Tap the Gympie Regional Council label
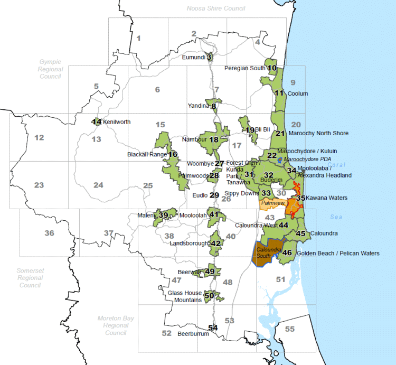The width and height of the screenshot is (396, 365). coord(51,69)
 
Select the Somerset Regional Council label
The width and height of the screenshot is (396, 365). coord(30,278)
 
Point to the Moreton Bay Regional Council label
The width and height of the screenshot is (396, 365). coord(116,325)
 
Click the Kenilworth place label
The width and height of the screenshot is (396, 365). coord(117,122)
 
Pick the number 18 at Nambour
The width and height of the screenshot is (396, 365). coord(214,140)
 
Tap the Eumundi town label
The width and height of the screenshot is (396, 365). coord(193,57)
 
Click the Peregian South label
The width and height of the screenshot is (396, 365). coord(245,68)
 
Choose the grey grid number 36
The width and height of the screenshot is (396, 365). coord(49,233)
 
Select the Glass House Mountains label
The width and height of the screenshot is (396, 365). coord(185,296)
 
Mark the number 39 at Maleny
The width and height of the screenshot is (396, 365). coord(164,215)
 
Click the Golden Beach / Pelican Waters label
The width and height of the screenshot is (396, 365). coord(338,254)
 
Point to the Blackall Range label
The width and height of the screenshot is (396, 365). coord(147,155)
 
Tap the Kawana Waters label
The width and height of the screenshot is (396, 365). coord(327,198)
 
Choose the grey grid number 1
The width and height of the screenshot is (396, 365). coord(139,38)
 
